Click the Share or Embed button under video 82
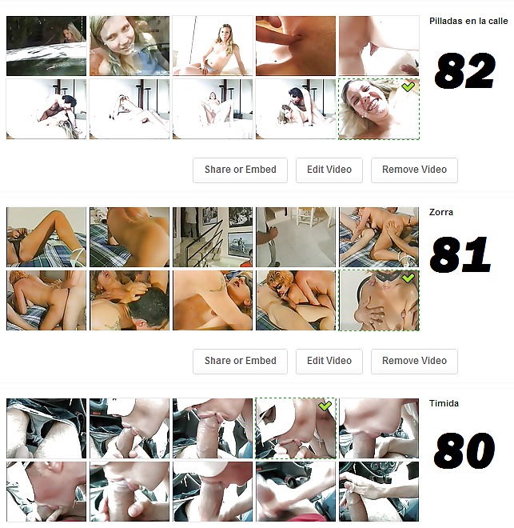(240, 170)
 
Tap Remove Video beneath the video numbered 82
(414, 170)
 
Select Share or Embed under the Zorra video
(240, 361)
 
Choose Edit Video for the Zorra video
(329, 361)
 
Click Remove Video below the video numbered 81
(414, 361)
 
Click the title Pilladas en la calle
(468, 22)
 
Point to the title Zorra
(440, 213)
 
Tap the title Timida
(444, 404)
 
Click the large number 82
(465, 71)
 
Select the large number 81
(460, 255)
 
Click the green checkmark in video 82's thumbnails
(408, 86)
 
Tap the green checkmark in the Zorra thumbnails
(408, 278)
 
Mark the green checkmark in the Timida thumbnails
(325, 406)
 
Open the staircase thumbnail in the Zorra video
(213, 237)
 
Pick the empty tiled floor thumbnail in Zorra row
(295, 237)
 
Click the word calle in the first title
(496, 22)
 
